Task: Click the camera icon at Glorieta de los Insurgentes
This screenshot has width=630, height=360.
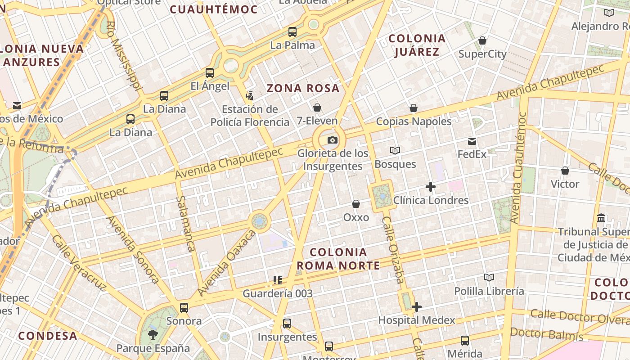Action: click(x=333, y=140)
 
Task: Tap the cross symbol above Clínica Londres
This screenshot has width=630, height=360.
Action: click(x=431, y=186)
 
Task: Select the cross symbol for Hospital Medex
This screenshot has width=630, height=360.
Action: click(x=417, y=307)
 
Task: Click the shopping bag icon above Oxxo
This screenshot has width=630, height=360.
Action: click(x=356, y=204)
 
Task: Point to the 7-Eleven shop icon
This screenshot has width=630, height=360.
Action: click(x=317, y=107)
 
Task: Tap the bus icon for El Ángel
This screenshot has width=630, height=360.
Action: click(x=210, y=72)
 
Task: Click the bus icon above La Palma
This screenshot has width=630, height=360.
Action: click(x=292, y=31)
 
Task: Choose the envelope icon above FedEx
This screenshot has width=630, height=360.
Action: click(x=472, y=141)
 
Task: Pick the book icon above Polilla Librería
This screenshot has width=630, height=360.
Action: click(x=489, y=277)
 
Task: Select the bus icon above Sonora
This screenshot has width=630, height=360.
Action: click(x=184, y=308)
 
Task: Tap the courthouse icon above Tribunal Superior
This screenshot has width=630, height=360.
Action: click(x=601, y=218)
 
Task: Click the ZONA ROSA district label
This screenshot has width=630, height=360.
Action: click(x=303, y=88)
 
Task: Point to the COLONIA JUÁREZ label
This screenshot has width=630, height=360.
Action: click(x=417, y=45)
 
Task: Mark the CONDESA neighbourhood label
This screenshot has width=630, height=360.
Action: click(x=48, y=336)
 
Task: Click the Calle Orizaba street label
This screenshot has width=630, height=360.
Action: click(x=393, y=250)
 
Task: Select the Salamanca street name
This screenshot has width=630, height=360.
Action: click(x=185, y=224)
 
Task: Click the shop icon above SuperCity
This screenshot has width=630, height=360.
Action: click(x=482, y=40)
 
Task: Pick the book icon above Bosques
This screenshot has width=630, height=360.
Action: click(x=395, y=150)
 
